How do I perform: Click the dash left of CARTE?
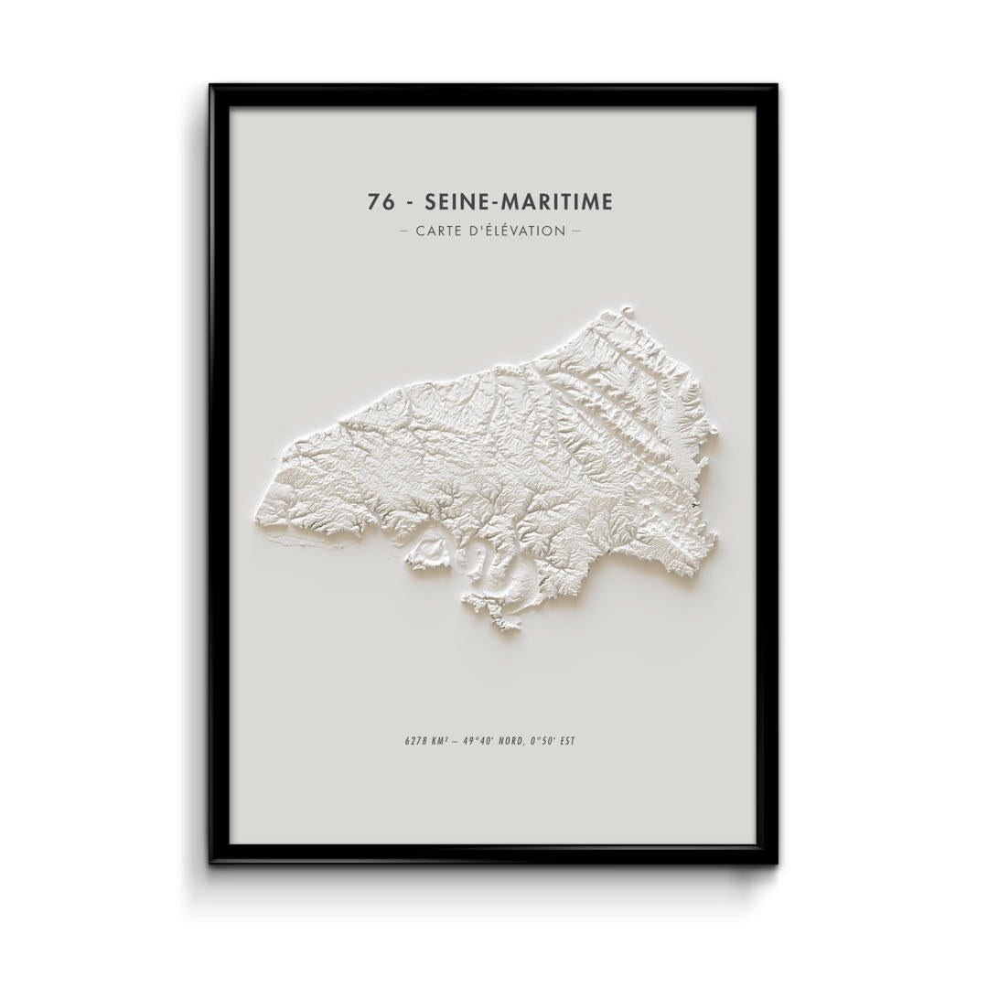(x=404, y=231)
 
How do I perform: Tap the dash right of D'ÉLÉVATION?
(x=575, y=231)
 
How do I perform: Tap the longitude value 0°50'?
(x=551, y=740)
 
